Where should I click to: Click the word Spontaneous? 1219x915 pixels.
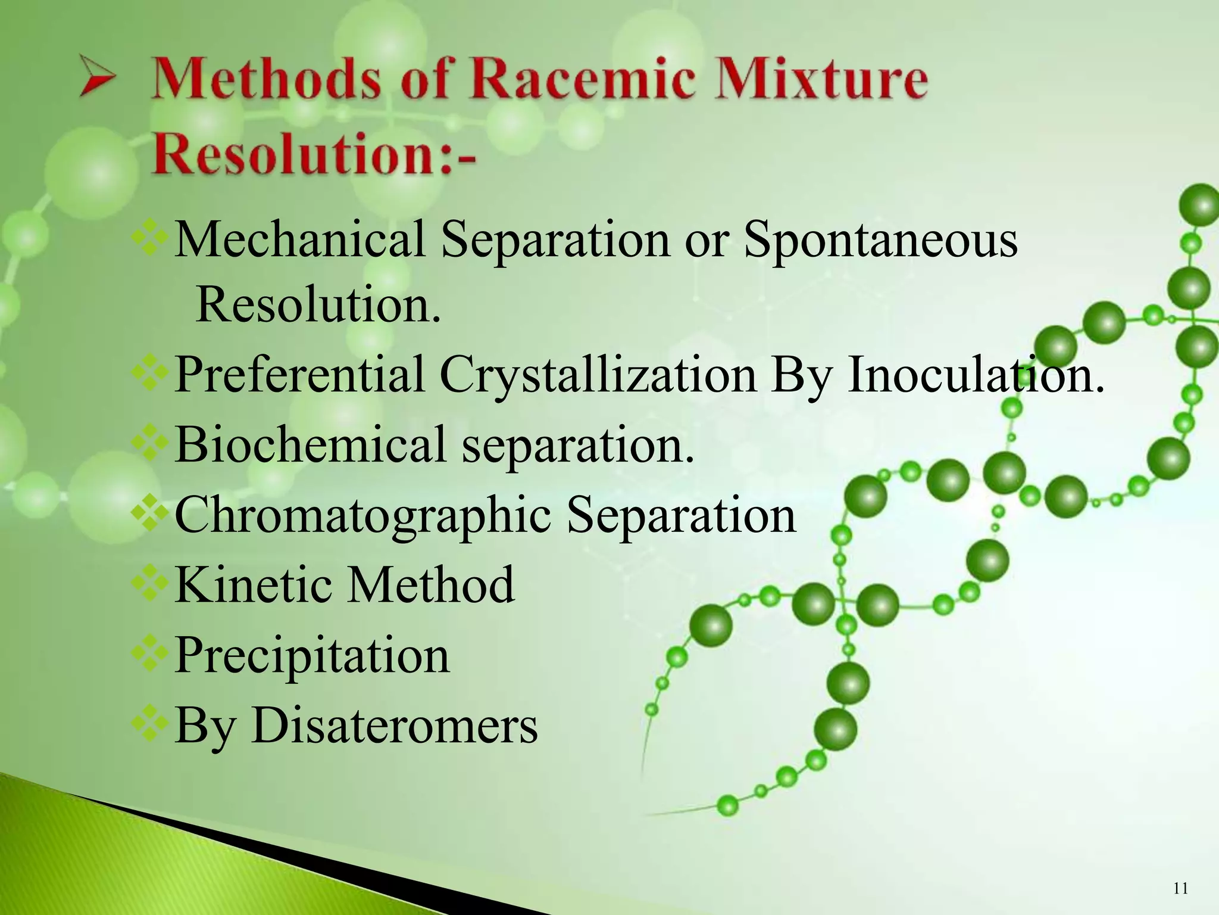(880, 239)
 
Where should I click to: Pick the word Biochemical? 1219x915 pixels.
(310, 444)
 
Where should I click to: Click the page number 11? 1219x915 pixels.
(1180, 889)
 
